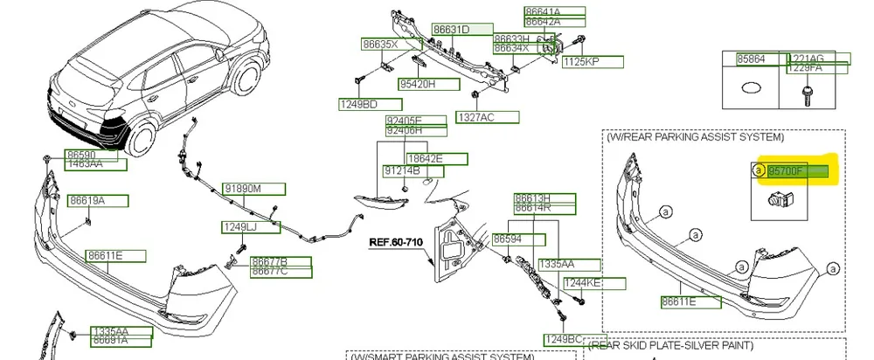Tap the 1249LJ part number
point(239,228)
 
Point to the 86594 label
point(508,239)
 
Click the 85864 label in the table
point(751,59)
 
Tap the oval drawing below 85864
point(751,88)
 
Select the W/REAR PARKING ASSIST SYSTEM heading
point(695,137)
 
